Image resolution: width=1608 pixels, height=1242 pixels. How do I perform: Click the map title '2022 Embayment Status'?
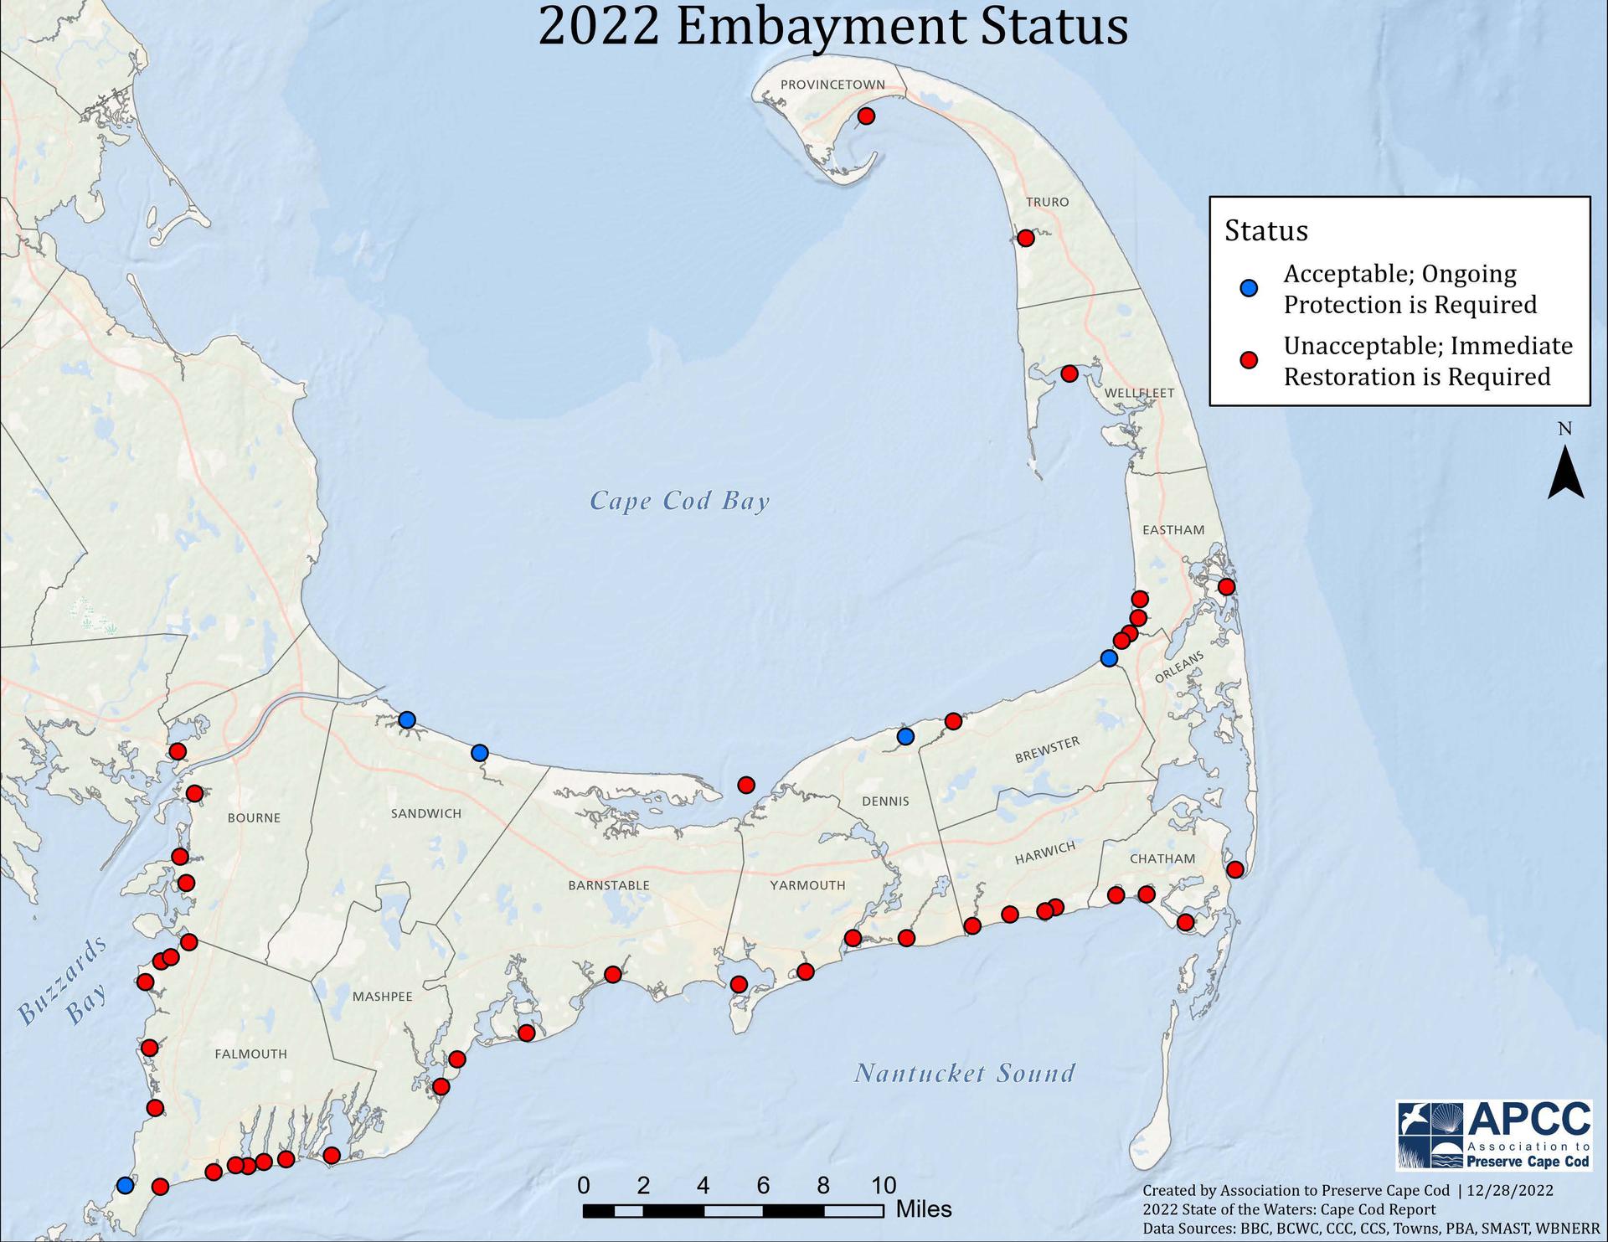click(832, 27)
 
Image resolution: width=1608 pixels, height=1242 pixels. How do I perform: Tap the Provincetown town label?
click(832, 85)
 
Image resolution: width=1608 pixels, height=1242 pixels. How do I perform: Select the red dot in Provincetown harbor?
click(866, 116)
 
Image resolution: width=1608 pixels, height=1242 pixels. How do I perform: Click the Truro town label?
click(1047, 202)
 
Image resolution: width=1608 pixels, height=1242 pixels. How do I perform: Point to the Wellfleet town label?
click(1139, 393)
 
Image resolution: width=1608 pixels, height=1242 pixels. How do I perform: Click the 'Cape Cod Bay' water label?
click(679, 501)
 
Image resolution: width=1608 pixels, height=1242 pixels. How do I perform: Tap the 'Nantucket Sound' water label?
click(964, 1073)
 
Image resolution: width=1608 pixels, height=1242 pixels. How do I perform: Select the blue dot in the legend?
click(1249, 288)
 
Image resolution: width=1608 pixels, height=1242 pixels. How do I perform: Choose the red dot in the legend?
click(1249, 360)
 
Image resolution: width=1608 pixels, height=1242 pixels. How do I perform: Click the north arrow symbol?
click(1564, 472)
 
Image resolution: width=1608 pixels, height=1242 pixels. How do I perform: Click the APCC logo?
click(1493, 1136)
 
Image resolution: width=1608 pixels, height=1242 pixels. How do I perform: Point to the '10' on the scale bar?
click(884, 1185)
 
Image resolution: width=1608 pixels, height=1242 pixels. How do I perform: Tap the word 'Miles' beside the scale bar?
click(924, 1209)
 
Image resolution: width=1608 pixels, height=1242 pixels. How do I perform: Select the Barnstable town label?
click(609, 885)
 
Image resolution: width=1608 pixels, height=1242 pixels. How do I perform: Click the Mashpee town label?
click(382, 997)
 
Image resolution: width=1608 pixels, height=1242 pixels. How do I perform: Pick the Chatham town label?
click(1162, 858)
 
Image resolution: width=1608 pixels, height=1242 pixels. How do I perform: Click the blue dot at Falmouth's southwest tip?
click(126, 1185)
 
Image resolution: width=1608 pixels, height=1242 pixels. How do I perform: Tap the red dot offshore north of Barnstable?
click(746, 785)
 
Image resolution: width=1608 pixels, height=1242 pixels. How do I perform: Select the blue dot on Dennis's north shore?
click(905, 736)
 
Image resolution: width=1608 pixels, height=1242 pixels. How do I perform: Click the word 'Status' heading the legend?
click(1265, 231)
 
